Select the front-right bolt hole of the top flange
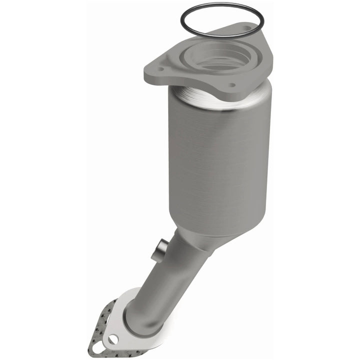pyautogui.click(x=232, y=85)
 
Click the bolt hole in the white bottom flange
pyautogui.click(x=113, y=339)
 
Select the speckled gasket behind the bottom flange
pyautogui.click(x=100, y=325)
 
